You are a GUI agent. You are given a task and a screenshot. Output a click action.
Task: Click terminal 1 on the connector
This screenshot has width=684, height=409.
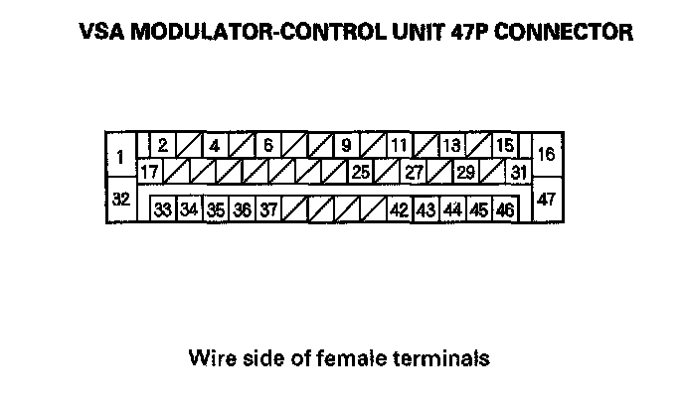[x=120, y=157]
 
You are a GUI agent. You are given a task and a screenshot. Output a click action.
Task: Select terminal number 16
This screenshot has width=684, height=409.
[x=546, y=154]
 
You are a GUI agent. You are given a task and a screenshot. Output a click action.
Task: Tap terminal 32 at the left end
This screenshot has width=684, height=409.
[x=120, y=199]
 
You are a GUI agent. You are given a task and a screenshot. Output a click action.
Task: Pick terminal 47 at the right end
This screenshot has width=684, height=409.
[x=546, y=199]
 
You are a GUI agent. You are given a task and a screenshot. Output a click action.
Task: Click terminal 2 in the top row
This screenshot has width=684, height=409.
[x=162, y=145]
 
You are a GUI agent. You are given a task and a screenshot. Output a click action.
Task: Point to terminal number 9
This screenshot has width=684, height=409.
[x=346, y=145]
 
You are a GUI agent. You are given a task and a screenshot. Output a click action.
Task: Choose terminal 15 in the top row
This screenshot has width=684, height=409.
[x=504, y=145]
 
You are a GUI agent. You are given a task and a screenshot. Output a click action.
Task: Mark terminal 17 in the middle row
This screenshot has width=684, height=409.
[x=149, y=171]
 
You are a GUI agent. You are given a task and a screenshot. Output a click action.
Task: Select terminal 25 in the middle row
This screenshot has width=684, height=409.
[x=361, y=171]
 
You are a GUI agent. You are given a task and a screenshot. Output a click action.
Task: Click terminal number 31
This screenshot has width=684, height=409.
[x=518, y=171]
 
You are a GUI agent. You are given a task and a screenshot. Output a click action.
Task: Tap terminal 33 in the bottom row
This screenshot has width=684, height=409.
[x=163, y=209]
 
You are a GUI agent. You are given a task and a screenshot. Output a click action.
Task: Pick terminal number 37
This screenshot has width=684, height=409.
[x=268, y=209]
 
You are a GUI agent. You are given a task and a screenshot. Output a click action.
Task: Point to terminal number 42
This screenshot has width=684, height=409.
[x=400, y=209]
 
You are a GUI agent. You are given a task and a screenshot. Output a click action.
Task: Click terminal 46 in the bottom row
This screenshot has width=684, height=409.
[x=504, y=209]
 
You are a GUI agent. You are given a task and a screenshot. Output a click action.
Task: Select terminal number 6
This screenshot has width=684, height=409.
[x=267, y=145]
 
